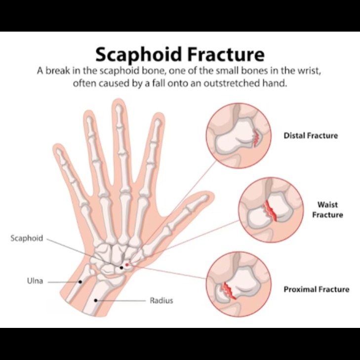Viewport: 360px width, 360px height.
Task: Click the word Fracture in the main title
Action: pyautogui.click(x=225, y=54)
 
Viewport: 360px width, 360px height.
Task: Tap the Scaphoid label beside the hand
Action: pyautogui.click(x=27, y=239)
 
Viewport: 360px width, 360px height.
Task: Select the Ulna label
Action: pyautogui.click(x=35, y=281)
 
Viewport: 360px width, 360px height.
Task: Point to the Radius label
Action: pyautogui.click(x=161, y=300)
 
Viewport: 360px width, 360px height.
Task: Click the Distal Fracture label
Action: pyautogui.click(x=311, y=135)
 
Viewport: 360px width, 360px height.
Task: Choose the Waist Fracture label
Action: pyautogui.click(x=327, y=209)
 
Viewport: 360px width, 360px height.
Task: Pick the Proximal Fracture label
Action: pyautogui.click(x=316, y=289)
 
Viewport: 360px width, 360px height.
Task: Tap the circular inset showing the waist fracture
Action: pyautogui.click(x=271, y=210)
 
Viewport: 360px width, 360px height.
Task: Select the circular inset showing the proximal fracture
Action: pyautogui.click(x=239, y=287)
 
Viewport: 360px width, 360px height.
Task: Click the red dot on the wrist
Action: pyautogui.click(x=127, y=265)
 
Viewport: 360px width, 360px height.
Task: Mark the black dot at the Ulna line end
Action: pyautogui.click(x=80, y=281)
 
